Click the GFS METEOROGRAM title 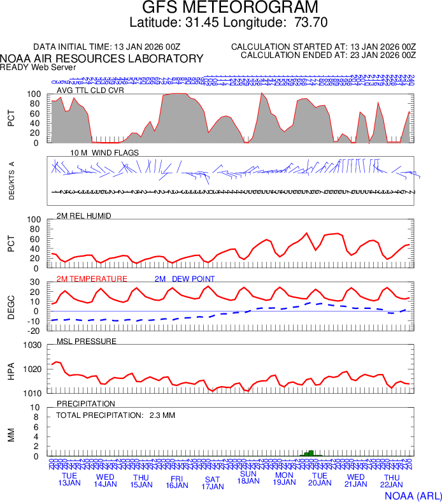tap(229, 8)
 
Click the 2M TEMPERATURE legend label tap(92, 279)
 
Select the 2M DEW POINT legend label tap(185, 279)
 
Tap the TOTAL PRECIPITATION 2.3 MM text tap(115, 415)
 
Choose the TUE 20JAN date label tap(320, 480)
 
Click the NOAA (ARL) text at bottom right tap(413, 495)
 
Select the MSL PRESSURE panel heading tap(87, 341)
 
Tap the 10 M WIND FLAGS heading tap(104, 153)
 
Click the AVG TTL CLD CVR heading tap(90, 90)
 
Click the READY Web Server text tap(38, 67)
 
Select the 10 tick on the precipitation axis tap(36, 408)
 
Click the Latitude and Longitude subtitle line tap(229, 23)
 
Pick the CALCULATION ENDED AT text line tap(328, 56)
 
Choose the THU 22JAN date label tap(391, 480)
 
